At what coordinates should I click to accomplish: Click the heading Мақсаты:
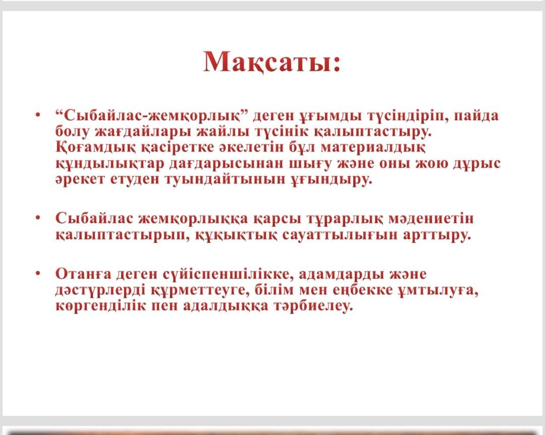271,63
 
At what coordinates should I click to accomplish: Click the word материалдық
372,147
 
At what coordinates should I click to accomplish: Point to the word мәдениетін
430,219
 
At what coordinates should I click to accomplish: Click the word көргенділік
101,306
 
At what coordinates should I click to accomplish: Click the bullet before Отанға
38,274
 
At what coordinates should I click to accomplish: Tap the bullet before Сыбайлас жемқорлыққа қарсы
38,217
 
